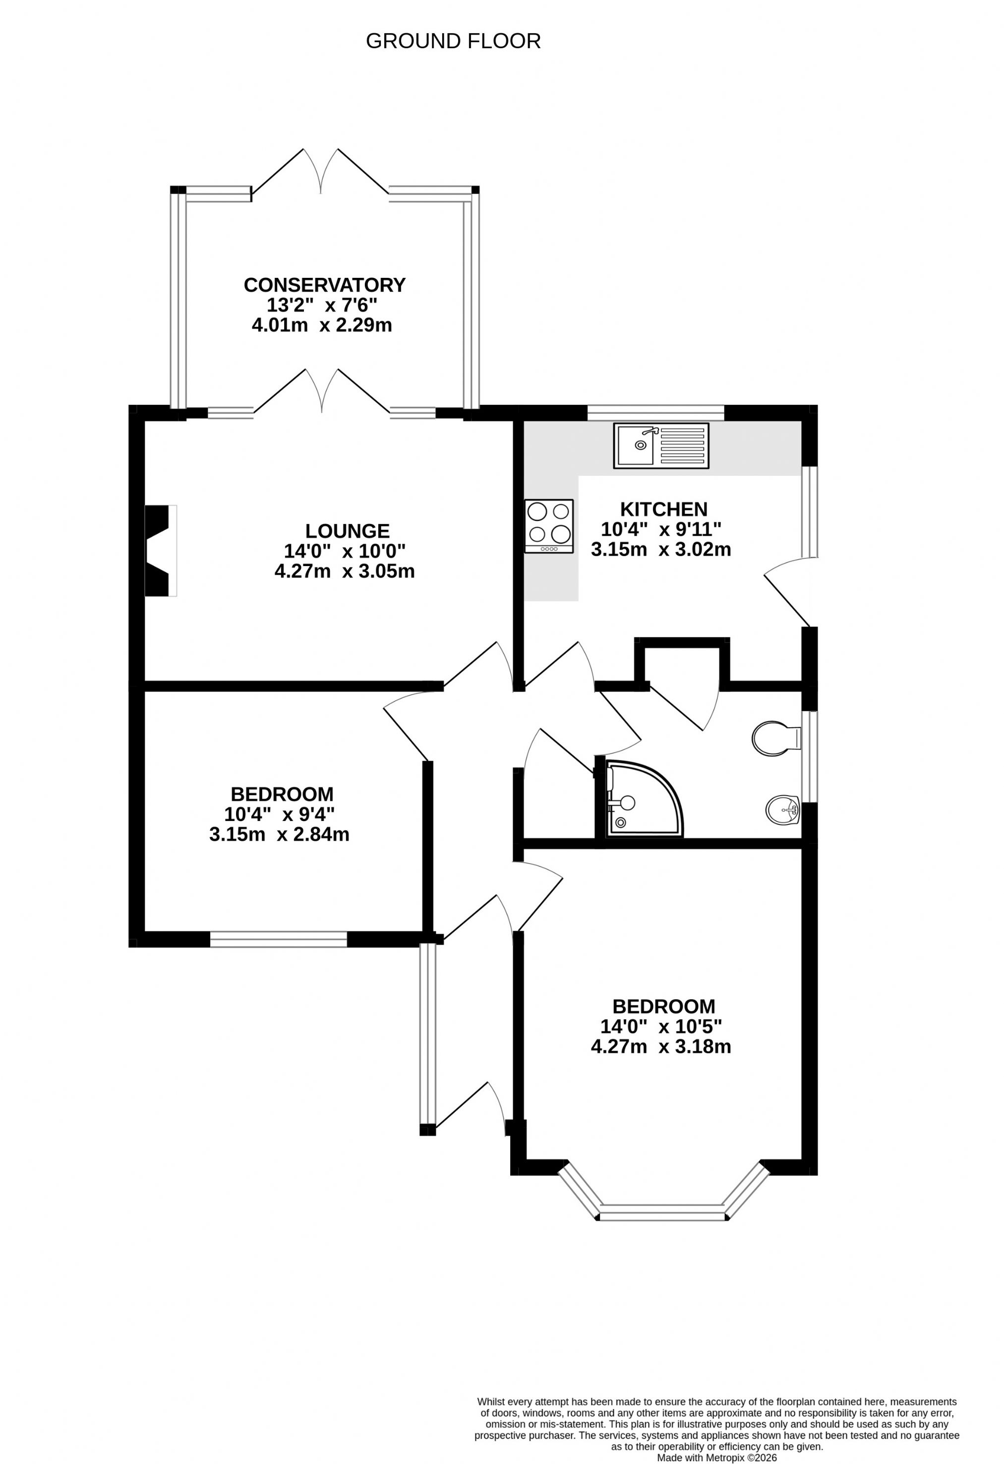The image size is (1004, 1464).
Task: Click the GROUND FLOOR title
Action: click(453, 41)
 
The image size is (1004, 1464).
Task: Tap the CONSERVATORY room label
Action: click(324, 285)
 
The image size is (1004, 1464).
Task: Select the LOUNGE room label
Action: click(348, 531)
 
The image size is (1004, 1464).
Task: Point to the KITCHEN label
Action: click(663, 509)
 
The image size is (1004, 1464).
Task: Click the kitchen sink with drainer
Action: click(661, 446)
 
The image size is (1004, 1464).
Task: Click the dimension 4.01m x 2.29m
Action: click(322, 325)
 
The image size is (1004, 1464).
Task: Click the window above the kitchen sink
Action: click(656, 413)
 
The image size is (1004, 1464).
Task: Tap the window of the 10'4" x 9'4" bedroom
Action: click(278, 939)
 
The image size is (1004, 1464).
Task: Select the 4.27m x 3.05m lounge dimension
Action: click(345, 572)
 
